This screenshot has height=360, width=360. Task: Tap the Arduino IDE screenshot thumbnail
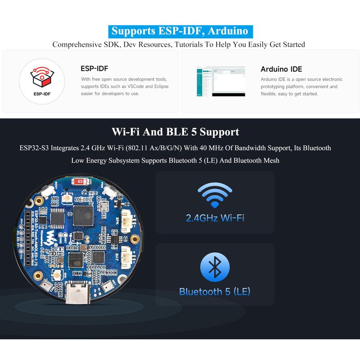point(220,81)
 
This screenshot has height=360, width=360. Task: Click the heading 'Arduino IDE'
point(281,69)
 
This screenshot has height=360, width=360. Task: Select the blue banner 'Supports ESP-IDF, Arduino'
point(180,31)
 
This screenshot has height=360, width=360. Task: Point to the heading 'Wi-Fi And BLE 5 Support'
point(175,132)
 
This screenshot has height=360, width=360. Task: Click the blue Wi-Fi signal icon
point(215,194)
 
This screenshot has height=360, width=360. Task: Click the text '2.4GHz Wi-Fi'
point(215,218)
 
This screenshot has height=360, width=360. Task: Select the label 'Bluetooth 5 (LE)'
point(215,292)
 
